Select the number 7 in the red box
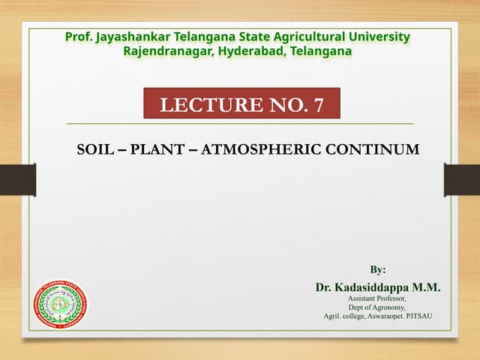click(319, 104)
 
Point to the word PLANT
click(156, 148)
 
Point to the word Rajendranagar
click(167, 51)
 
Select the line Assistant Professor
click(377, 298)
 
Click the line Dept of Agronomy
click(377, 307)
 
